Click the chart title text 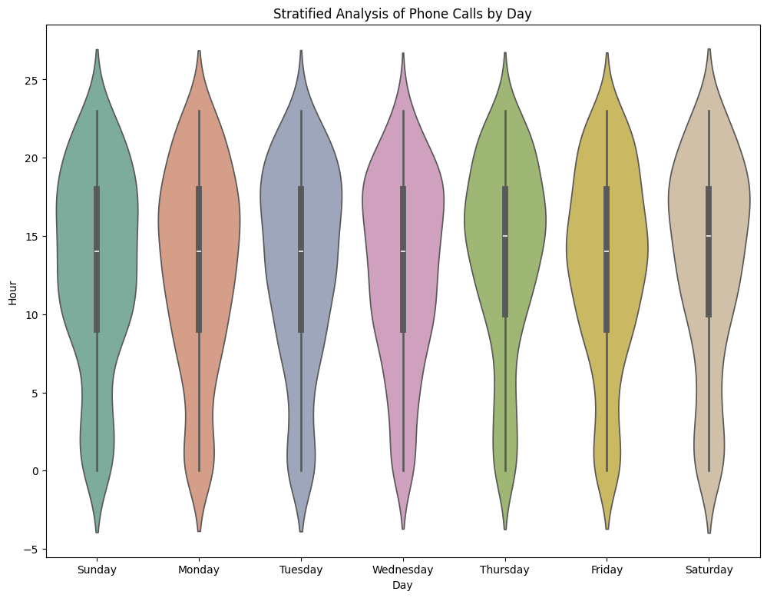(x=403, y=13)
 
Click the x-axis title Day (x=402, y=586)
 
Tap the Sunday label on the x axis (x=97, y=570)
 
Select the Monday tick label (x=199, y=570)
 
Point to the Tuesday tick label (x=301, y=570)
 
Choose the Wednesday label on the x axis (x=403, y=570)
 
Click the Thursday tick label (x=504, y=570)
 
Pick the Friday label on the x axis (x=607, y=570)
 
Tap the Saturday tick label (x=709, y=570)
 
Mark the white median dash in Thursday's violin (x=505, y=236)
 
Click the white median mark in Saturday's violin (x=709, y=236)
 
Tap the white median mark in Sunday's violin (x=97, y=251)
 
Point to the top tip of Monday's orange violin (x=199, y=52)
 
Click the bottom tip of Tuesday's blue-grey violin (x=301, y=530)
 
